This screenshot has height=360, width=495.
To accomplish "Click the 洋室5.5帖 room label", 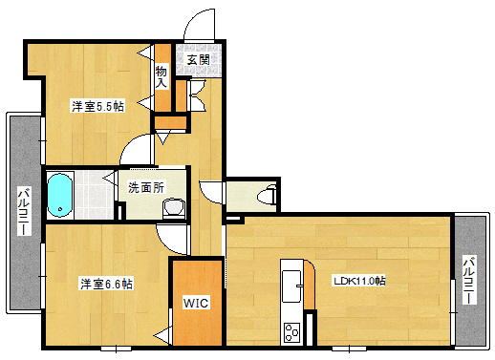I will [97, 106].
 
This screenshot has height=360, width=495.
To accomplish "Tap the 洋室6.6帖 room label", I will [105, 284].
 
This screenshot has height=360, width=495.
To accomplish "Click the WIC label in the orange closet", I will [197, 303].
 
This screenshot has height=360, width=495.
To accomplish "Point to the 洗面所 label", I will [146, 187].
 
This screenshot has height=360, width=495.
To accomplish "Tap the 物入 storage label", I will [161, 75].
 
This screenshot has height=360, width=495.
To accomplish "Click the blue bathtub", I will [60, 195].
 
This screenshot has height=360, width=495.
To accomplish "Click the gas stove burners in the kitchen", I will [291, 333].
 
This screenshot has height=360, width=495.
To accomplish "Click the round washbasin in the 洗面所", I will [173, 207].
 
